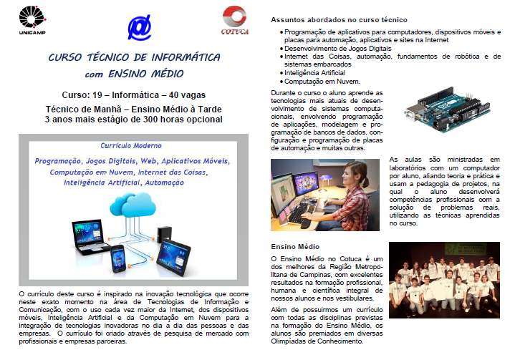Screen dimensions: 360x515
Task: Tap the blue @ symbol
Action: click(139, 26)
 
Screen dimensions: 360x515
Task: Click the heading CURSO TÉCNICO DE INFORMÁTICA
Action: click(134, 58)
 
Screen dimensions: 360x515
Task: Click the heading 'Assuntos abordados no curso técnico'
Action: click(340, 20)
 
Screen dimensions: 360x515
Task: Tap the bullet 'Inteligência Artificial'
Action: click(314, 73)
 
